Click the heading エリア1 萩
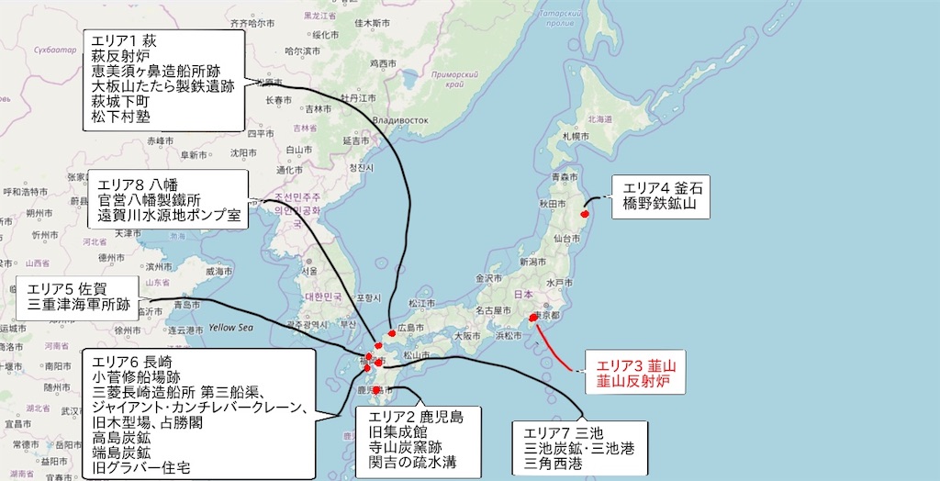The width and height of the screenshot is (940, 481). (120, 41)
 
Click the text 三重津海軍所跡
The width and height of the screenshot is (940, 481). (78, 304)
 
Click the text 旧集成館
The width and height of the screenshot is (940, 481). (395, 431)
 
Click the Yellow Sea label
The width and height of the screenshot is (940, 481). (230, 327)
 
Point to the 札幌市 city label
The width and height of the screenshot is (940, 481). (573, 135)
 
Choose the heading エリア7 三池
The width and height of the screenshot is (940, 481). (565, 432)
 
